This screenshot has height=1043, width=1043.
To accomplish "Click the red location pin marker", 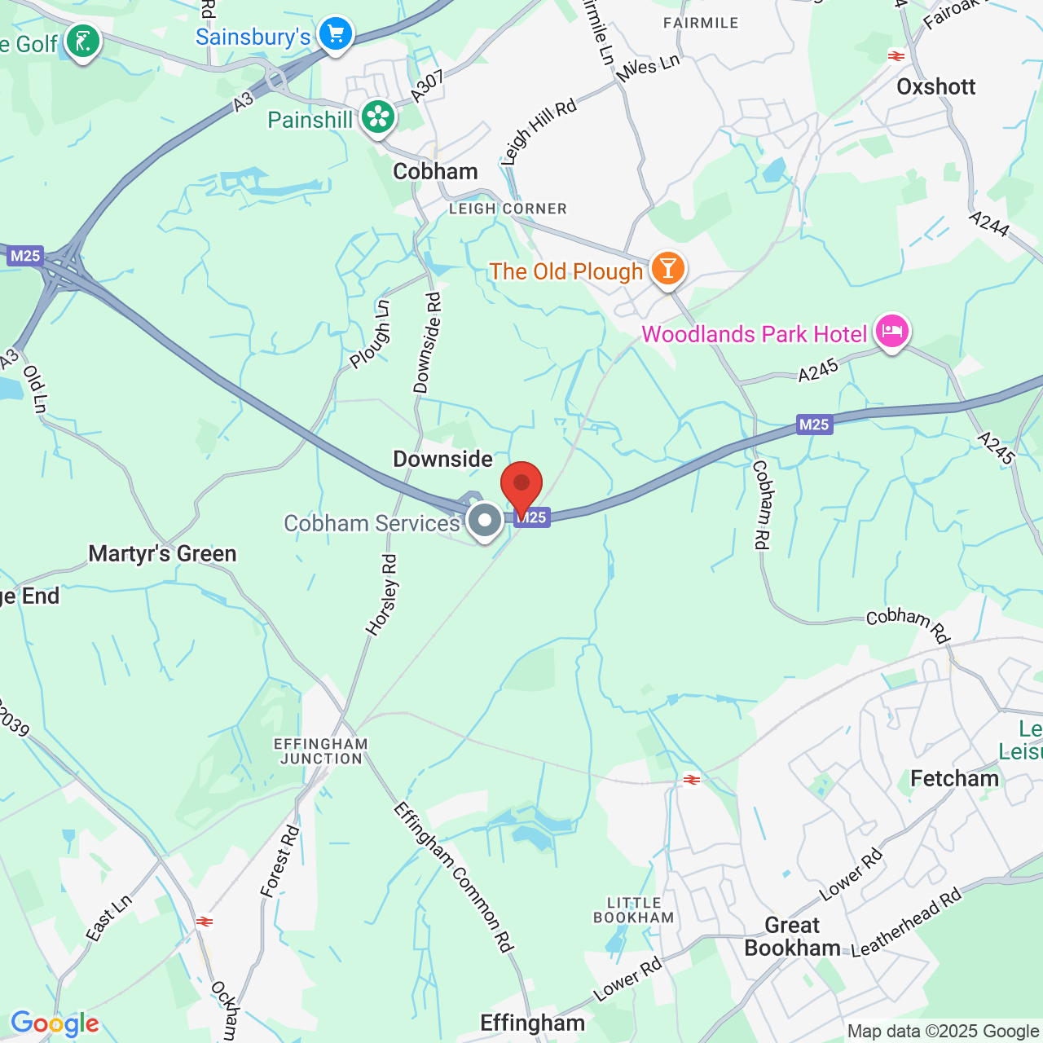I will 521,486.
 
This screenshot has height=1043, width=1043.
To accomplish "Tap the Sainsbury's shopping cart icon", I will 336,34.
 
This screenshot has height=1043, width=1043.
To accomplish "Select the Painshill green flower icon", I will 378,117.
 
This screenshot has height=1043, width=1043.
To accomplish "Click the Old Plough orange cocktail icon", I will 667,268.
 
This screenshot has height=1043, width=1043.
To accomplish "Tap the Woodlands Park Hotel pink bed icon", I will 892,332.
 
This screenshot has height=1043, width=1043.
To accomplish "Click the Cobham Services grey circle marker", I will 485,520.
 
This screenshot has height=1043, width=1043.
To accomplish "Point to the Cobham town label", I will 435,171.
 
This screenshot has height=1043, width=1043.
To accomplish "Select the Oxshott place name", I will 935,86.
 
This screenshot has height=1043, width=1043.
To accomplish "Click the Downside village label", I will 442,459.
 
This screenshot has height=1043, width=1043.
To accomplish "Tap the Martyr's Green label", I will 162,554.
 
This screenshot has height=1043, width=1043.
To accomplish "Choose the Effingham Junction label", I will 321,751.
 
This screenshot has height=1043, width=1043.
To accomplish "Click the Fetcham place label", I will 954,779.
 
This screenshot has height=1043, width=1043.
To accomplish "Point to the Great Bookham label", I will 792,937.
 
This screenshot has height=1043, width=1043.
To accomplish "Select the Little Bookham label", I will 634,910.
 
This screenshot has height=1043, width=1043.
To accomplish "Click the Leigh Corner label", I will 508,209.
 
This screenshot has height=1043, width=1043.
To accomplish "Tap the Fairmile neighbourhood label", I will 701,23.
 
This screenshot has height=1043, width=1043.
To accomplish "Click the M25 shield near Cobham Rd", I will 814,425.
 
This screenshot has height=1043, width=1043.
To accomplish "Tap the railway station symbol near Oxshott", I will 896,56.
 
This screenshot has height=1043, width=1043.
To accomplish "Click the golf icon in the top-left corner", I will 82,41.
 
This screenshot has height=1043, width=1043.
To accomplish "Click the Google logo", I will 55,1023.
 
